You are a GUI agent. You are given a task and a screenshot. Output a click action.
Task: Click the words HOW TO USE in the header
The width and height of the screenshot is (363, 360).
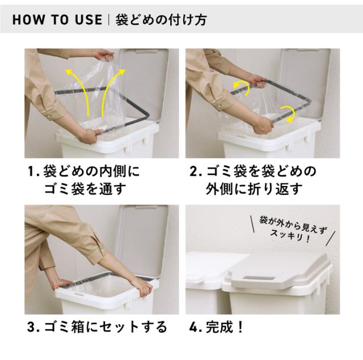pyautogui.click(x=57, y=19)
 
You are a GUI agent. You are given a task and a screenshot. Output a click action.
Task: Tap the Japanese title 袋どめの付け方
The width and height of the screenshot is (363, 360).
pyautogui.click(x=161, y=20)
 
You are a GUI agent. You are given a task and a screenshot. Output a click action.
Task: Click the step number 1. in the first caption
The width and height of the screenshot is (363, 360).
pyautogui.click(x=33, y=172)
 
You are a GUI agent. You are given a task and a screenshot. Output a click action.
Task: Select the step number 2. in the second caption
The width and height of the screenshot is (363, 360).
pyautogui.click(x=196, y=172)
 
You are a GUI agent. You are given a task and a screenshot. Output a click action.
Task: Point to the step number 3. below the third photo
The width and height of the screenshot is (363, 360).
pyautogui.click(x=33, y=327)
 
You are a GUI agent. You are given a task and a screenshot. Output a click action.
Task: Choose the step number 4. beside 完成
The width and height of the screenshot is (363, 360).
pyautogui.click(x=196, y=327)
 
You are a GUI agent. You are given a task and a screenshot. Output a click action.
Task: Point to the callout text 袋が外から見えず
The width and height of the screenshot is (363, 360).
pyautogui.click(x=293, y=224)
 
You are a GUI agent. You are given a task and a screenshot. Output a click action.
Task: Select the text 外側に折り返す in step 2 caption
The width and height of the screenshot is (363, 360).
pyautogui.click(x=254, y=189)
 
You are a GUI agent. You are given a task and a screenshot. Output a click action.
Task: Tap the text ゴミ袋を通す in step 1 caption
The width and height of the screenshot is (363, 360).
pyautogui.click(x=86, y=189)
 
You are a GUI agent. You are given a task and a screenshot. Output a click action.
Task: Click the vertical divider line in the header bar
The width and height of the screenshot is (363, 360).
pyautogui.click(x=108, y=20)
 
